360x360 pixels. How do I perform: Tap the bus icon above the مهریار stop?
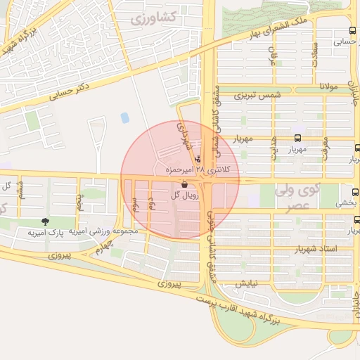(x=297, y=139)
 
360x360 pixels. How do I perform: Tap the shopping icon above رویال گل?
(x=184, y=186)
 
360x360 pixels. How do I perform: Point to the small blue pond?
(x=125, y=117)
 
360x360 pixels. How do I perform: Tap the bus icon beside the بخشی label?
(x=353, y=191)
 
